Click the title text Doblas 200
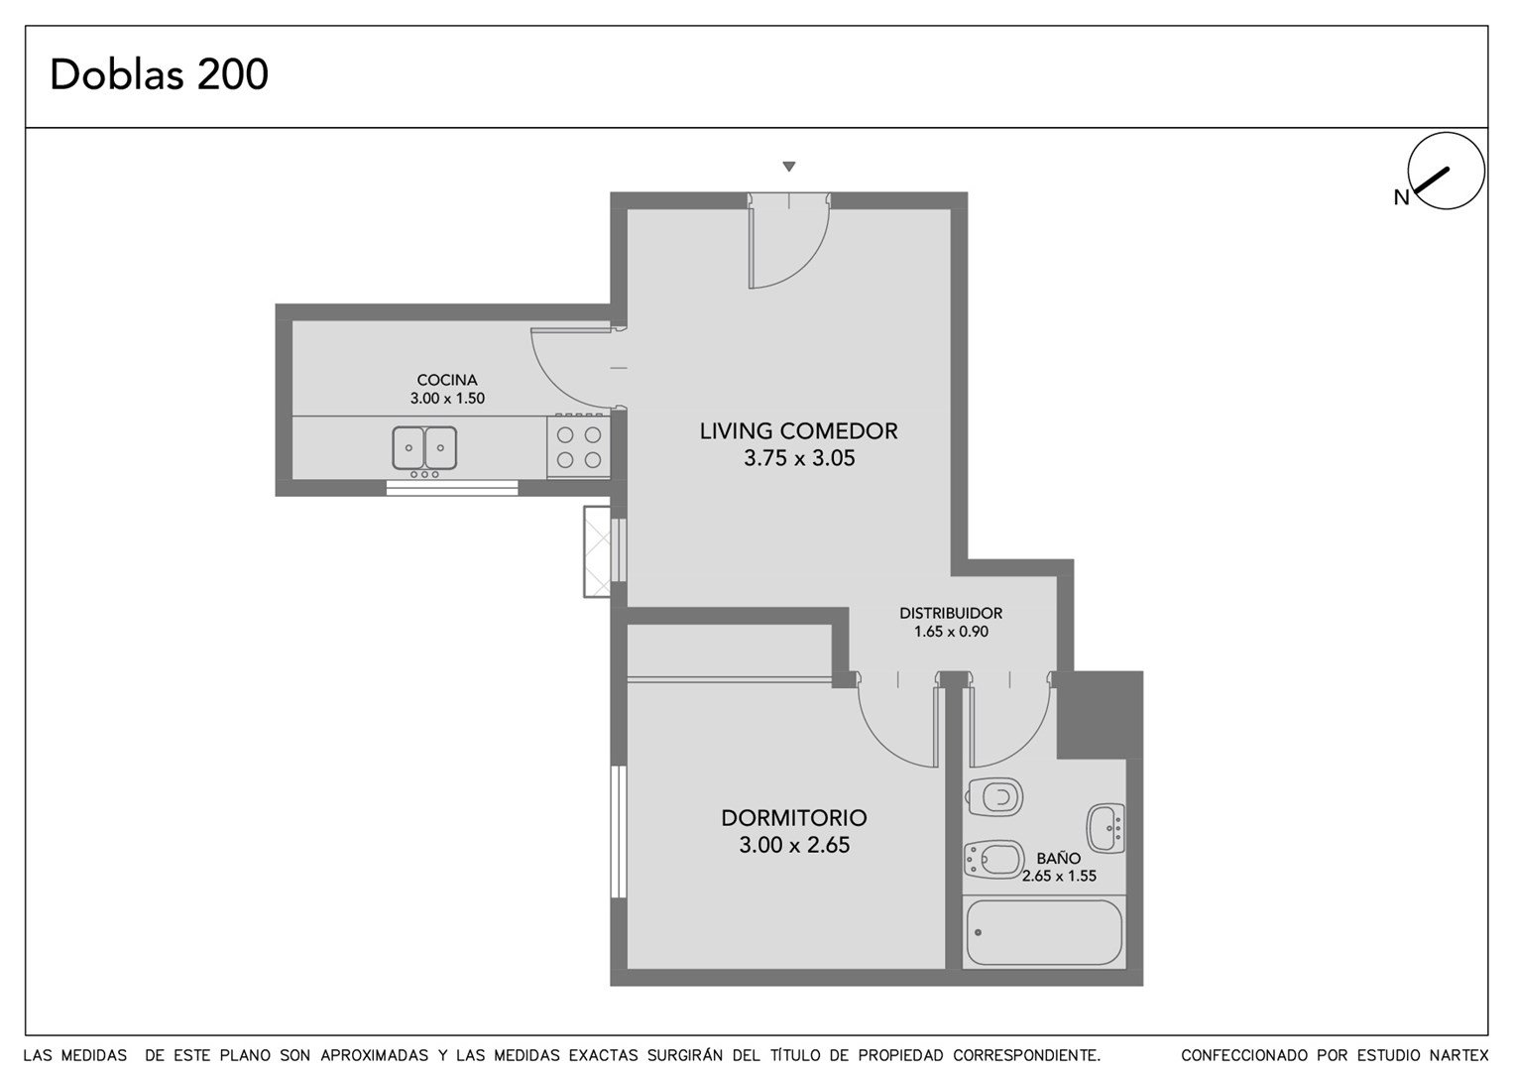[x=160, y=74]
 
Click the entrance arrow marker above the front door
[x=789, y=167]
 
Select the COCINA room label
[x=447, y=380]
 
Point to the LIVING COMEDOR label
[x=799, y=431]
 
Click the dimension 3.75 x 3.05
[x=799, y=458]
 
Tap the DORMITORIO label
[x=794, y=818]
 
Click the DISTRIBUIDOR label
[x=951, y=613]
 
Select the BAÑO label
[x=1059, y=859]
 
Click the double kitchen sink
[x=424, y=447]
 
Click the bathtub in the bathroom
[x=1044, y=933]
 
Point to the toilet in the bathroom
[x=994, y=797]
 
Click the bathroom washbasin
[x=1106, y=828]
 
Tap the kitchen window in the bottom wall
[x=452, y=488]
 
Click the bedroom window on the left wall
[x=619, y=832]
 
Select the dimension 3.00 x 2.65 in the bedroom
[x=794, y=845]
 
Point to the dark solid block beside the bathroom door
[x=1100, y=715]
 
